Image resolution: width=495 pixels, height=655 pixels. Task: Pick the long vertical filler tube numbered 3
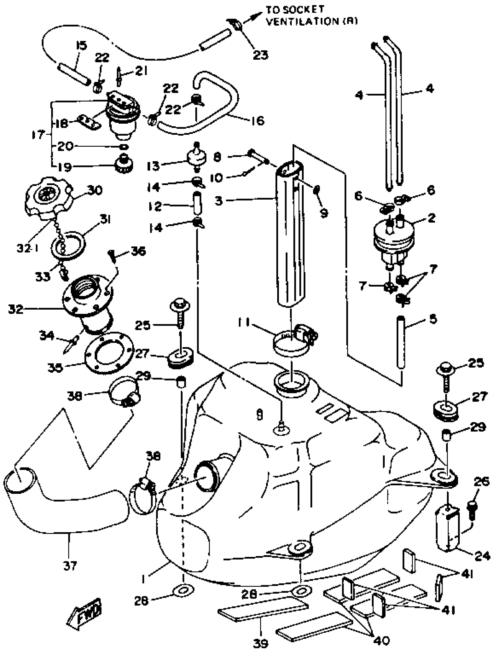tap(290, 237)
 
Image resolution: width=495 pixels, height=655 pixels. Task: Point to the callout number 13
tap(153, 166)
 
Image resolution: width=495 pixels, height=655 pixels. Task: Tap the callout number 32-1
tap(28, 248)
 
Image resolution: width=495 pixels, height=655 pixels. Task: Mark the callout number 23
tap(260, 54)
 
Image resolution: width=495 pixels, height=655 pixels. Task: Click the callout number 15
tap(81, 46)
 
